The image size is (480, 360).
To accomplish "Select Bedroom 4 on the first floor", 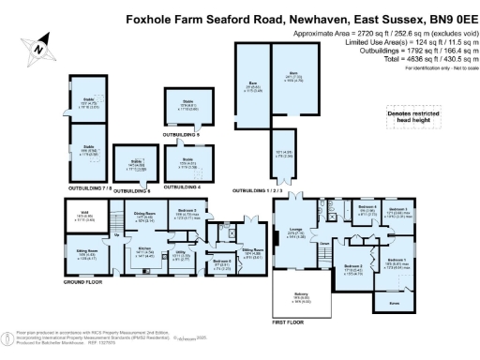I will pos(368,209).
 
